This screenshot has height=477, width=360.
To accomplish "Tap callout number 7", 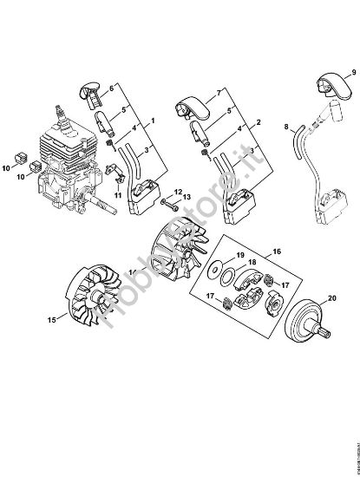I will (x=219, y=91).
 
